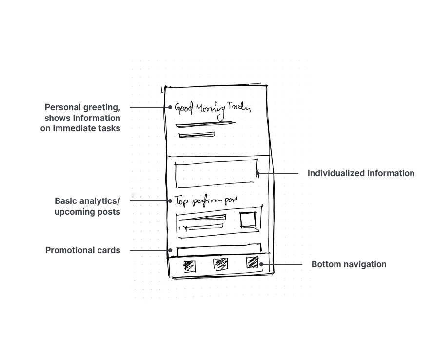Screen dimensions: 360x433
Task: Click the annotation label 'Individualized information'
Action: (x=361, y=173)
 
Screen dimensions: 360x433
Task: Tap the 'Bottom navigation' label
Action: (x=349, y=264)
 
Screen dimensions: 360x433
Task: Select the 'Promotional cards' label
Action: (x=83, y=250)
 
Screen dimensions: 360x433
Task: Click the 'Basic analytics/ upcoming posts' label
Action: (x=87, y=206)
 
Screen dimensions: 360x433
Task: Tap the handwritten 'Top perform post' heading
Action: (x=206, y=201)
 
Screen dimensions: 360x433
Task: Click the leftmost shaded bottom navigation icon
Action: (x=190, y=266)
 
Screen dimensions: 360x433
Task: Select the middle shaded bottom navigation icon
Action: (x=220, y=264)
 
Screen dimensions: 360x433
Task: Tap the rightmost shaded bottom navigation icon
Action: (x=252, y=262)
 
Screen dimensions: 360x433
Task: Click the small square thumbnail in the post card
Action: (x=248, y=220)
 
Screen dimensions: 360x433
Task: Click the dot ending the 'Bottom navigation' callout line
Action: (x=261, y=264)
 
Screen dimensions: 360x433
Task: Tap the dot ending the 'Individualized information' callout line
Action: (x=257, y=173)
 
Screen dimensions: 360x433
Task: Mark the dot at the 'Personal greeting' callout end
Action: (x=170, y=107)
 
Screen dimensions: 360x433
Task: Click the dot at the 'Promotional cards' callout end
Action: (x=170, y=250)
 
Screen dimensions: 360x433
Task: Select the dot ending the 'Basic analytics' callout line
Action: (x=170, y=201)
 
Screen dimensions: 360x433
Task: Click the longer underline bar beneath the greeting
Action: (x=205, y=125)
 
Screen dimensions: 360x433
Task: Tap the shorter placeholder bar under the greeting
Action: (x=197, y=134)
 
